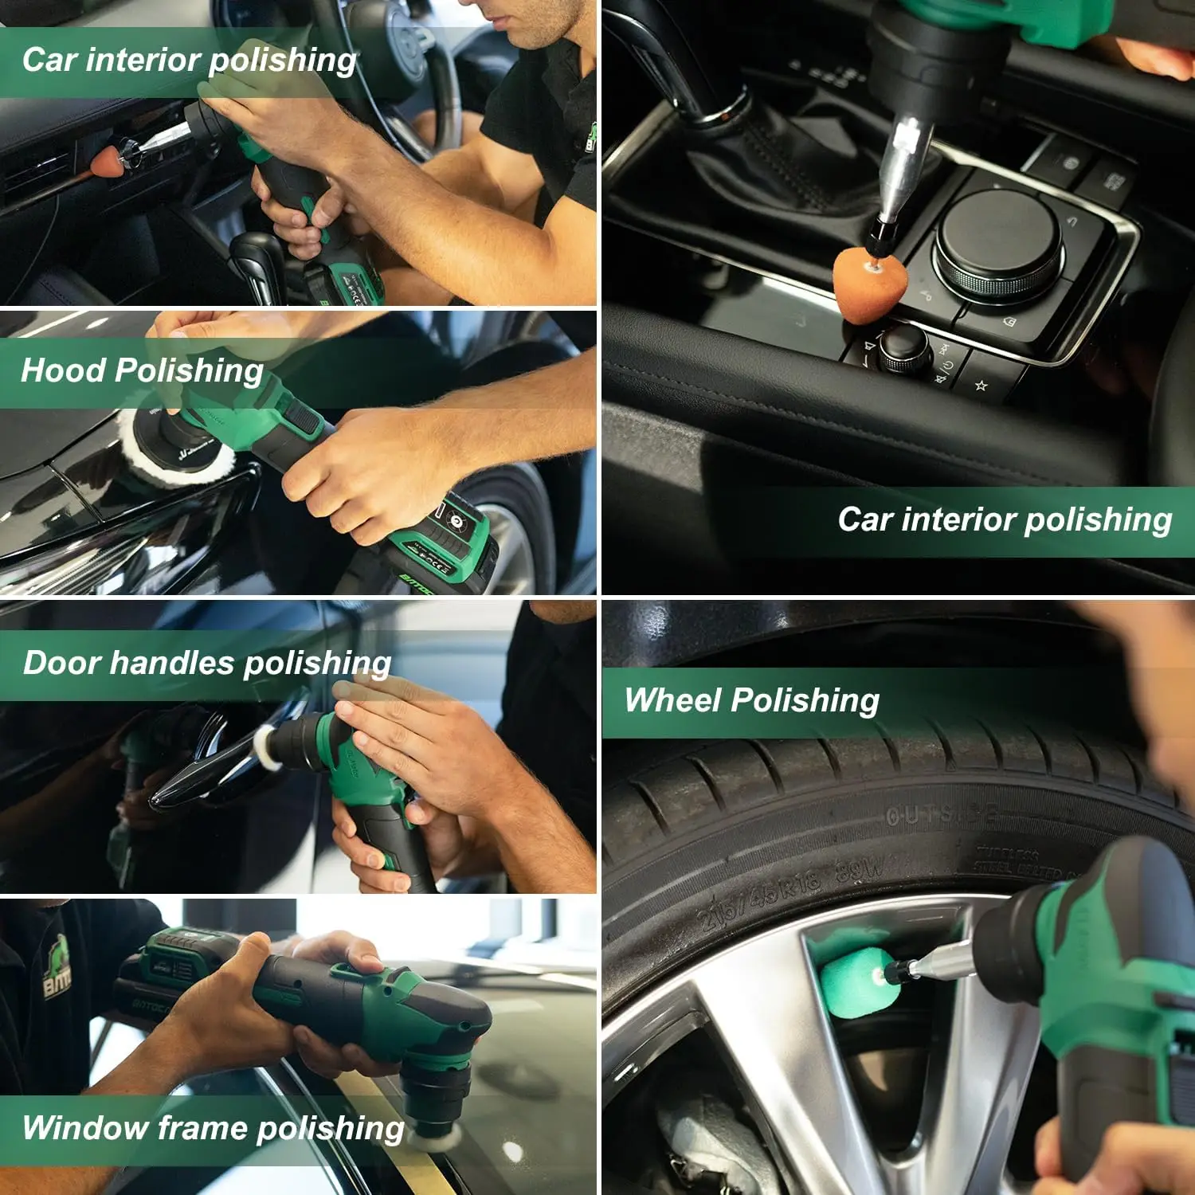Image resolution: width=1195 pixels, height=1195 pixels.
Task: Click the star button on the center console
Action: click(x=981, y=386)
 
